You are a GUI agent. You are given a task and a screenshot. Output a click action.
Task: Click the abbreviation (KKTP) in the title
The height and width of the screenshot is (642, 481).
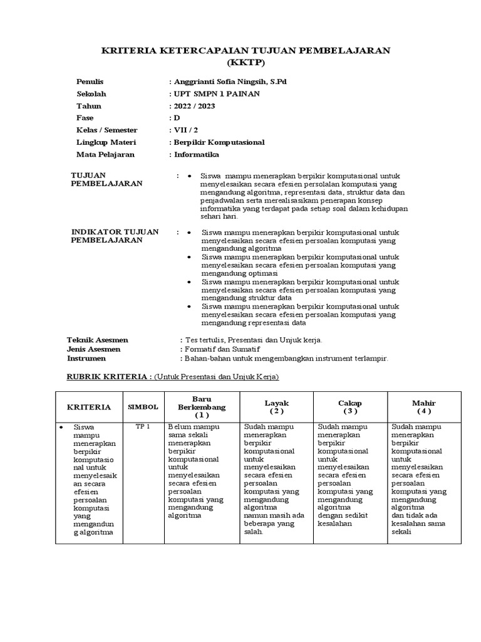coord(246,63)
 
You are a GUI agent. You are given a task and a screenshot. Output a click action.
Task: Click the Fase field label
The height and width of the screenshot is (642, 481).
coord(85,118)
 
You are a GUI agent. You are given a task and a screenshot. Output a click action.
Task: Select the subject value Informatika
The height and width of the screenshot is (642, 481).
coord(197,154)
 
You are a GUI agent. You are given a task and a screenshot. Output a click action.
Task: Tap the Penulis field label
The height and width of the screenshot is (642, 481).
coord(90,82)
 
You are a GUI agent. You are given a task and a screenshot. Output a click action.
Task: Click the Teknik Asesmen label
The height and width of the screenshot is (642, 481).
coord(93,340)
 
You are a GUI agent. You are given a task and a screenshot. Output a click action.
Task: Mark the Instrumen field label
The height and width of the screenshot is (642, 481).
coord(86,359)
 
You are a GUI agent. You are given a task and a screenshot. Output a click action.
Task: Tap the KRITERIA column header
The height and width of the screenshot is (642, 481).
coord(89,407)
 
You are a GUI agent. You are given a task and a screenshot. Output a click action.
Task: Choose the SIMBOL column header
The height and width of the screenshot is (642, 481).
coord(143,407)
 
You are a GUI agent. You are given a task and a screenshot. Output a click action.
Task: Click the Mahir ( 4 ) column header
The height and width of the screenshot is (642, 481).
coord(423,407)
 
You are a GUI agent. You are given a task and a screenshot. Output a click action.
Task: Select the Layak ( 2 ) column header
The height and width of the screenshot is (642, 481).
coord(276,407)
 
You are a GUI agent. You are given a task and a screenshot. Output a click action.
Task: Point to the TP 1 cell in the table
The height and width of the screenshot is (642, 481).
coord(143,427)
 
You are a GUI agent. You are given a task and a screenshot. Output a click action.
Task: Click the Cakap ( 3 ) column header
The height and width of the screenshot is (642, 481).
coord(350,407)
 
